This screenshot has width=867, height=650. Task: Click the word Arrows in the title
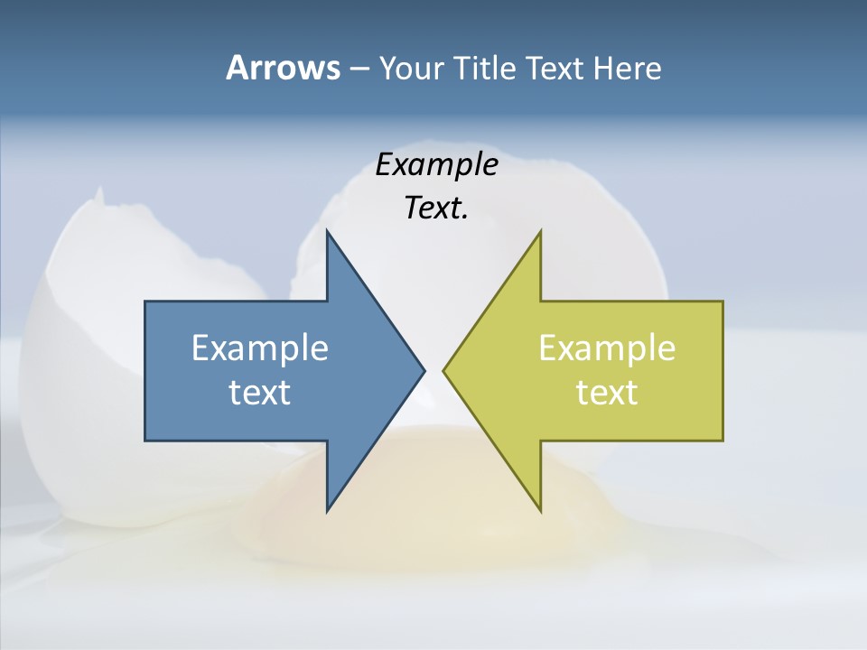click(x=283, y=68)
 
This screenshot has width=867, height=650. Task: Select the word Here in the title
click(x=627, y=68)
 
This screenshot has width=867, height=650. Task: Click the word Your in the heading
click(x=411, y=68)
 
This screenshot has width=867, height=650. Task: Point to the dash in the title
click(x=359, y=69)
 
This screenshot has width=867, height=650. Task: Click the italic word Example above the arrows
click(x=436, y=165)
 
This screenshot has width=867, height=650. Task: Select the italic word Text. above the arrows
click(x=436, y=209)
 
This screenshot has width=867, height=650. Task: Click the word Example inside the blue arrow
click(x=260, y=348)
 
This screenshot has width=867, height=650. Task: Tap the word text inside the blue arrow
click(x=260, y=393)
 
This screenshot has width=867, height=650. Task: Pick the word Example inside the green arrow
click(x=607, y=348)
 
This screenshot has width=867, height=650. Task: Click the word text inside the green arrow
click(x=607, y=393)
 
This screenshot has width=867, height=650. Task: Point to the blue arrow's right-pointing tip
click(x=423, y=370)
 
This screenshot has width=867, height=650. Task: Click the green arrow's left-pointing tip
click(x=445, y=370)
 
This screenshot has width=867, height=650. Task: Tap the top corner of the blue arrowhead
click(x=327, y=232)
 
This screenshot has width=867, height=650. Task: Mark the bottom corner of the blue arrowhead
click(x=327, y=510)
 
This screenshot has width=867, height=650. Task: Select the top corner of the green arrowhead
click(x=540, y=232)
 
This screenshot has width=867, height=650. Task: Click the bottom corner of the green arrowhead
click(x=540, y=510)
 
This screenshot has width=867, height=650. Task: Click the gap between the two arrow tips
click(x=433, y=370)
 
